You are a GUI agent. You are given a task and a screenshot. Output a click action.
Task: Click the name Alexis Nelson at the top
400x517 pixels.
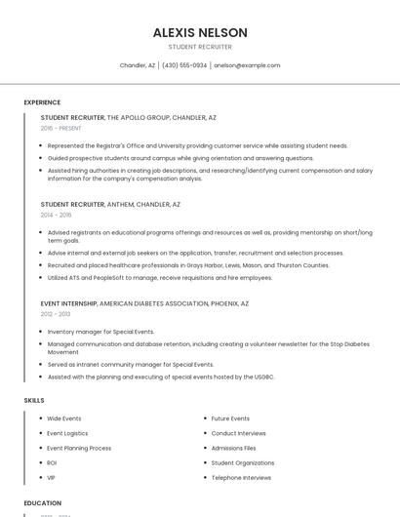click(200, 32)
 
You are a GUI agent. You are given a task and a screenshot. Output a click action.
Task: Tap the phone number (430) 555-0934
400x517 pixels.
click(184, 65)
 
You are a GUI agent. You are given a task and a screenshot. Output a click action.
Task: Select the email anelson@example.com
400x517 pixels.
click(247, 65)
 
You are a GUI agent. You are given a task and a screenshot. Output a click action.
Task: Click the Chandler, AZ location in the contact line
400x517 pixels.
click(138, 65)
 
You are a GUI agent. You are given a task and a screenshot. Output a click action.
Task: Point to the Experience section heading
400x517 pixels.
click(42, 102)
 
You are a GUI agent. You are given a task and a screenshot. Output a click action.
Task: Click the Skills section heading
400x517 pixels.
click(34, 400)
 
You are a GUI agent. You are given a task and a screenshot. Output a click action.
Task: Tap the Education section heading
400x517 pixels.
click(43, 503)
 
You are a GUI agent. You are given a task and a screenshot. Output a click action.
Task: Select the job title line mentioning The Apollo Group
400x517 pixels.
click(129, 117)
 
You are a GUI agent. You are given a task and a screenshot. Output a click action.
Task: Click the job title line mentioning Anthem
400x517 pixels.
click(110, 205)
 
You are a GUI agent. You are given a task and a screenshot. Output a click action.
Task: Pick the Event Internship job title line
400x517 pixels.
click(144, 303)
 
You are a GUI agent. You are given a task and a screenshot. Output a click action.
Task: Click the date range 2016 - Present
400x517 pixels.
click(61, 128)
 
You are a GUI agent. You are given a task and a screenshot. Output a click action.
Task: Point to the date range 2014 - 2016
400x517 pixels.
click(57, 215)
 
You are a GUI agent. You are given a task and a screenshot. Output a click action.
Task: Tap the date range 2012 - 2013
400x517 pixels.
click(57, 314)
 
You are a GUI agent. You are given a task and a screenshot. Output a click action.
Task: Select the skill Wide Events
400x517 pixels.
click(64, 418)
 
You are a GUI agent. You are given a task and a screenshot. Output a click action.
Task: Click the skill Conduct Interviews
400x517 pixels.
click(239, 433)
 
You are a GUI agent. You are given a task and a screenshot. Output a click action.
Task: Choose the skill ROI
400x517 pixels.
click(52, 462)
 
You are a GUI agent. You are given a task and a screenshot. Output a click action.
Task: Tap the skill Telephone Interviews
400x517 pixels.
click(241, 478)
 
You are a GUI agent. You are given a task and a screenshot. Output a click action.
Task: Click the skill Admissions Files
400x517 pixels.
click(234, 448)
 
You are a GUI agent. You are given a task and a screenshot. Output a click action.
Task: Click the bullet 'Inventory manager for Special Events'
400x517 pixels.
click(100, 332)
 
